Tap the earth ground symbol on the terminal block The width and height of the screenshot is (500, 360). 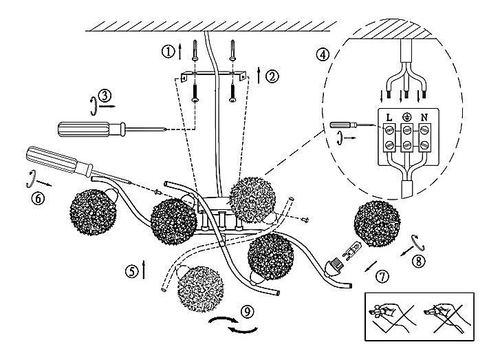(x=406, y=116)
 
